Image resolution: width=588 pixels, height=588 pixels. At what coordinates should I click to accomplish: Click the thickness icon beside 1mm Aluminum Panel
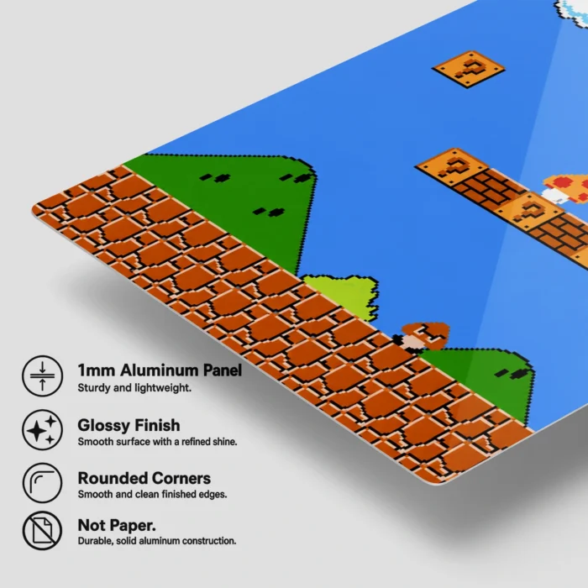(42, 375)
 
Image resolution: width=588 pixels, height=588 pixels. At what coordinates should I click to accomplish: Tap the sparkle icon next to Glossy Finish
(42, 430)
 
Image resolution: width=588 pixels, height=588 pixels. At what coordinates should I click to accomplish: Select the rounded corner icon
(42, 483)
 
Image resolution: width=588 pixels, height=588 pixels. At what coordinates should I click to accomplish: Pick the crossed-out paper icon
(42, 531)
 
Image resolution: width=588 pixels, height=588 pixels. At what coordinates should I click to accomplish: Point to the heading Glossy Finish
(129, 425)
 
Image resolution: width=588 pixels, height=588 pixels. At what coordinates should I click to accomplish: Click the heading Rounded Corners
(144, 478)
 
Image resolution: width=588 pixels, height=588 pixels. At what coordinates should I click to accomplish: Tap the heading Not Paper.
(117, 525)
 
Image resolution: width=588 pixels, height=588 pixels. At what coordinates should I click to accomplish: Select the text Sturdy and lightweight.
(134, 388)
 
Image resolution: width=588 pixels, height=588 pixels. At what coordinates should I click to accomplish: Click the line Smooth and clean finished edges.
(152, 494)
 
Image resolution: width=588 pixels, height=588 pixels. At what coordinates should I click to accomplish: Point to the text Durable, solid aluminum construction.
(157, 541)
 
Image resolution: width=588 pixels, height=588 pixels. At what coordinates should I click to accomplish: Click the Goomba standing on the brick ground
(421, 337)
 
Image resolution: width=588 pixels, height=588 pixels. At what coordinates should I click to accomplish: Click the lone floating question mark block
(469, 69)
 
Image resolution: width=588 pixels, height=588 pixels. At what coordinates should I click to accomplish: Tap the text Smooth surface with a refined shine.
(158, 442)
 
